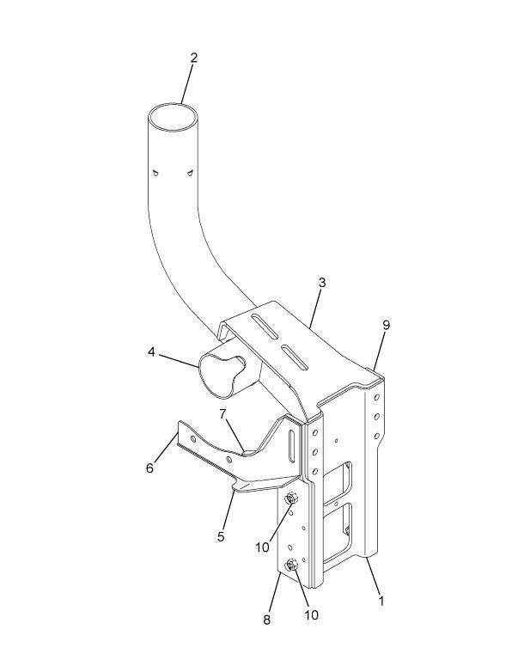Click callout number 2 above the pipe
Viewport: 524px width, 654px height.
(193, 58)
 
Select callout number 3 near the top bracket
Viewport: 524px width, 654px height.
(322, 283)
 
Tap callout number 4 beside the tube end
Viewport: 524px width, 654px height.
(151, 352)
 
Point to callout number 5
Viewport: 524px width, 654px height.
(221, 536)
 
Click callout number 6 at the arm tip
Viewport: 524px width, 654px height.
(149, 468)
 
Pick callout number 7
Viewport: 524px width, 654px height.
(222, 414)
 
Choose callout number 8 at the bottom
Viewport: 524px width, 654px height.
(267, 620)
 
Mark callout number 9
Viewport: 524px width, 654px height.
(386, 325)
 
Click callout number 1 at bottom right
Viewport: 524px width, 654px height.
(381, 601)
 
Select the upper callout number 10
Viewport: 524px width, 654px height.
(263, 547)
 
